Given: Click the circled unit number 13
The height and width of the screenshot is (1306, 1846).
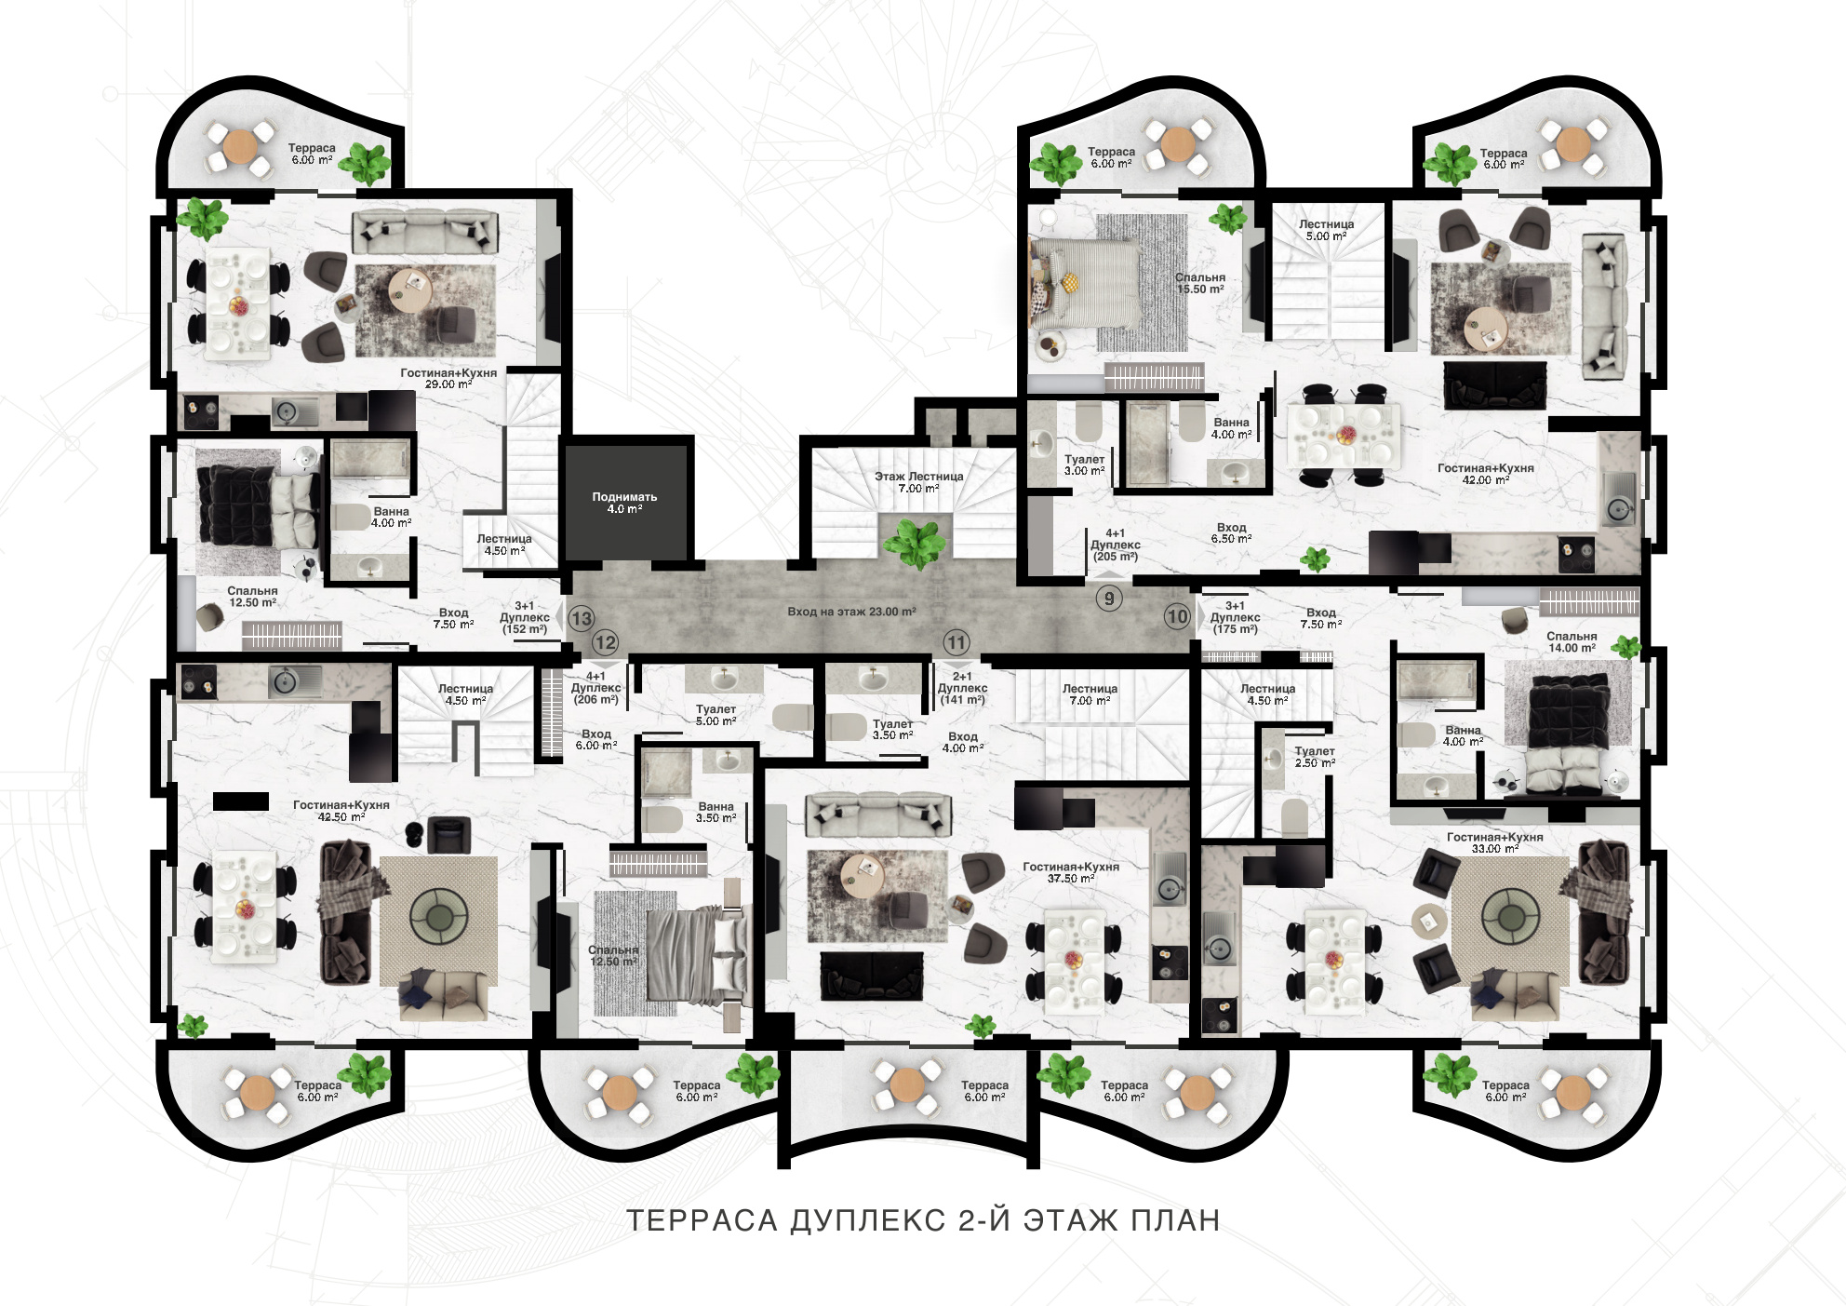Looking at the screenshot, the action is pos(582,618).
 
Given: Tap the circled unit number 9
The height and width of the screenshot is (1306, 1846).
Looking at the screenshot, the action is pos(1108,599).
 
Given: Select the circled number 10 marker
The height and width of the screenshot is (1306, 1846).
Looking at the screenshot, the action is pos(1177,616).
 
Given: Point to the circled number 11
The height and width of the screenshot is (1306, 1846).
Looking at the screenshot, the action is pos(956,641).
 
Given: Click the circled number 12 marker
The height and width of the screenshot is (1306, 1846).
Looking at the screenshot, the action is pos(606,642).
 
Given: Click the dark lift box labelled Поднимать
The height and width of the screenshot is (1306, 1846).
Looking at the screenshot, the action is pos(628,501).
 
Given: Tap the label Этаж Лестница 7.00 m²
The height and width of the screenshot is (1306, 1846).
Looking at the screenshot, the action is pos(918,482).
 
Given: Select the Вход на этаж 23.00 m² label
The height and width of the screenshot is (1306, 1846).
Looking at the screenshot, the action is pos(851,612).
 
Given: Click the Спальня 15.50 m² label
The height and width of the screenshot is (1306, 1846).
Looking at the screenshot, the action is pos(1199,283).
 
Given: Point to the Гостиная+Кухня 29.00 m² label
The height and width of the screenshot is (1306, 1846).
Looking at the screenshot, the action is pos(448,378).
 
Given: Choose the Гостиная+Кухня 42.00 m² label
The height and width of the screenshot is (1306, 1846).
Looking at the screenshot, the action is pos(1485,474).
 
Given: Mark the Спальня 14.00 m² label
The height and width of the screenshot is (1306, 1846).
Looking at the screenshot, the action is pos(1572,642).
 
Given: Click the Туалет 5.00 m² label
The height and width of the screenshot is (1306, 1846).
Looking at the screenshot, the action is pos(716,715).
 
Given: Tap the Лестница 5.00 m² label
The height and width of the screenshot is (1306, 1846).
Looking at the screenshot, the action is pos(1326,230).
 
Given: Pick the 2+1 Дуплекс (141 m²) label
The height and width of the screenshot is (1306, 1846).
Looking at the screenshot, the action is pos(962,688).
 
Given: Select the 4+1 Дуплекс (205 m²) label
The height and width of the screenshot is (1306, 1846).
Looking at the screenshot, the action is pos(1115,545).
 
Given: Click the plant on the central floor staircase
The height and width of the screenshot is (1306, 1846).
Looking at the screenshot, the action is pos(916,544).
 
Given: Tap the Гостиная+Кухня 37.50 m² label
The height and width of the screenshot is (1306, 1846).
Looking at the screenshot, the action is pos(1070,872).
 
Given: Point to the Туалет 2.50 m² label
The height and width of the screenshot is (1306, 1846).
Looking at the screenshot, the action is pos(1315,757).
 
